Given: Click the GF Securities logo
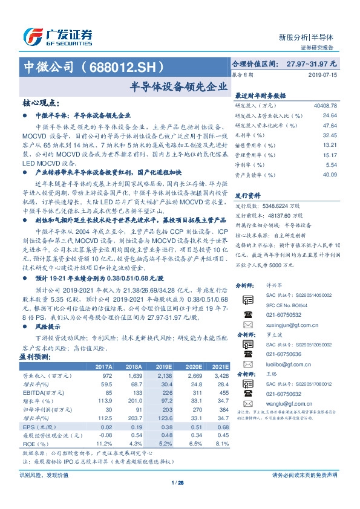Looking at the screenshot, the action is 57,36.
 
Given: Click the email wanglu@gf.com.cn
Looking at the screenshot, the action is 278,403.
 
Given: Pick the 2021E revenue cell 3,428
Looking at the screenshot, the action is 221,376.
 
